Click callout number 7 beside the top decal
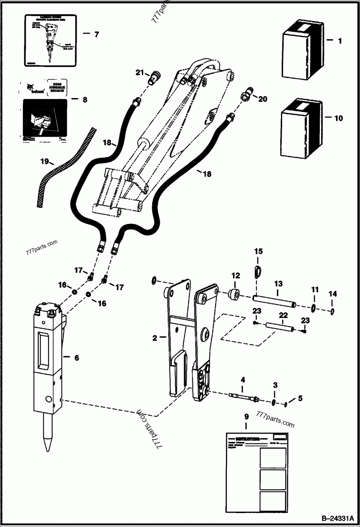click(x=96, y=35)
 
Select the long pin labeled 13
click(x=274, y=301)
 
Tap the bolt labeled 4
click(x=243, y=397)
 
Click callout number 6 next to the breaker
click(x=76, y=357)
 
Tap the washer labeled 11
click(x=314, y=308)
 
